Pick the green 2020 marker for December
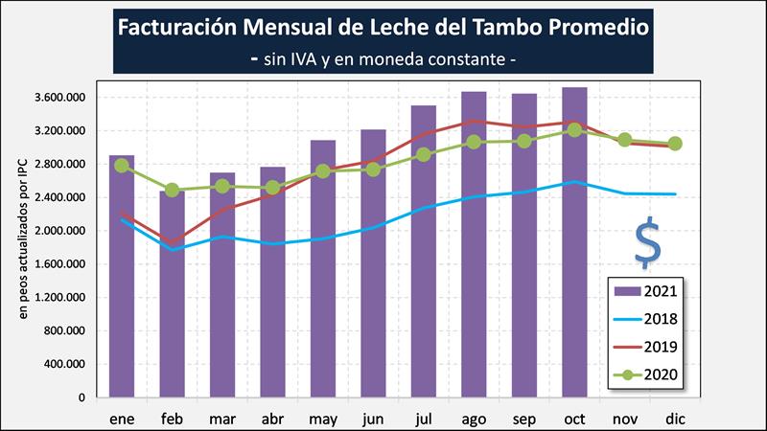coord(675,144)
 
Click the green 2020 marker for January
coord(122,165)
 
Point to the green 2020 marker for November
coord(625,140)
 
